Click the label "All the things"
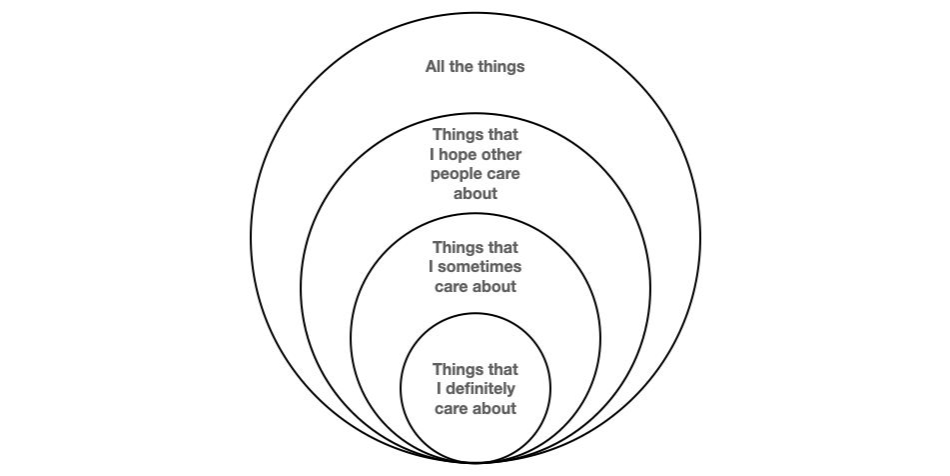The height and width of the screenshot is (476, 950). point(475,68)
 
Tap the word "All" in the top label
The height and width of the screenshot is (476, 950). point(436,68)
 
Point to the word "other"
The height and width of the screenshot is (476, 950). point(501,155)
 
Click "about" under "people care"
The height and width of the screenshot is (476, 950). point(475,193)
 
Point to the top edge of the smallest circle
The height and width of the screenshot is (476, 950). point(475,313)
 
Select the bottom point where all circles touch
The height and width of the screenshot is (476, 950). point(475,463)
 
